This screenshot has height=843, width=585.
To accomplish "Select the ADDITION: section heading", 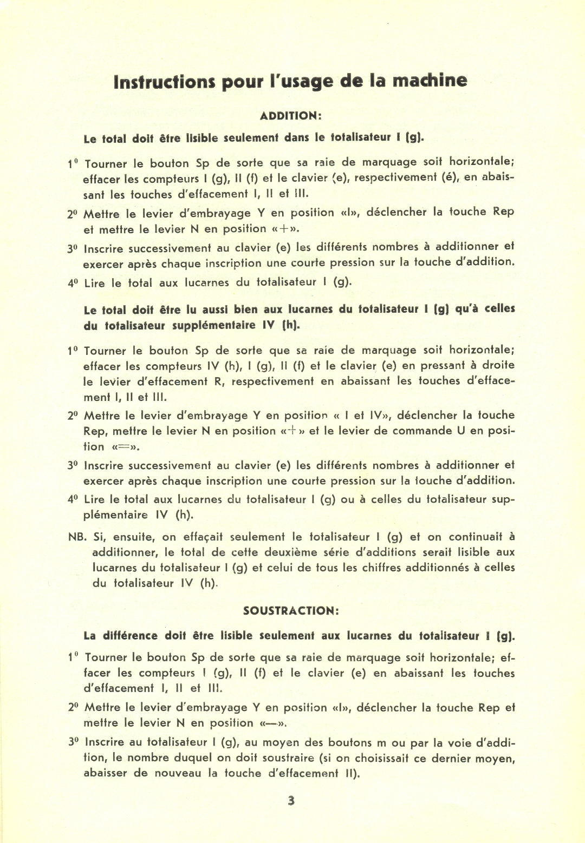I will pos(291,116).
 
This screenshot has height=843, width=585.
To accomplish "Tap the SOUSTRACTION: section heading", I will pos(291,611).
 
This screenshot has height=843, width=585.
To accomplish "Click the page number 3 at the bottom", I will pos(291,801).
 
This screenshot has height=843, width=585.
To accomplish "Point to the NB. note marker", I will pos(77,537).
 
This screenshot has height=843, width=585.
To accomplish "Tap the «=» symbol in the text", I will pos(126,447).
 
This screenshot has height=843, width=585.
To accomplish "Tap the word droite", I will pos(498,365).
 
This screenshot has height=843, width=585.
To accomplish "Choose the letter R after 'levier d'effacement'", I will pos(218,381).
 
